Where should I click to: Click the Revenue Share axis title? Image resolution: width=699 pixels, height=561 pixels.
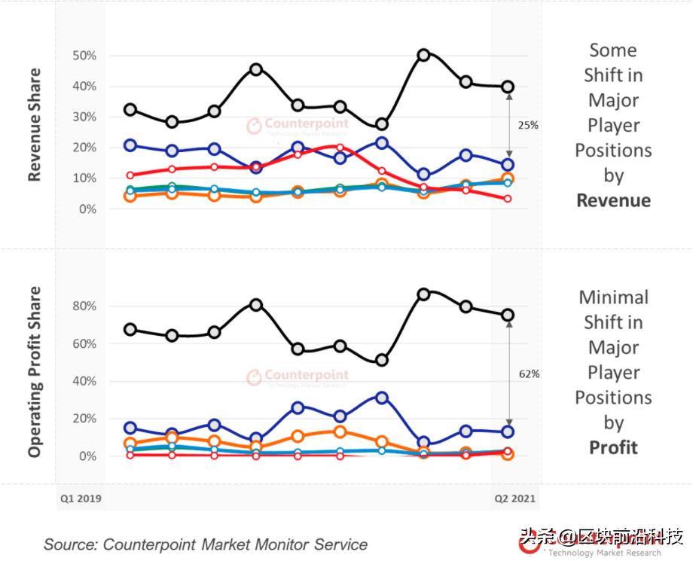[x=34, y=125]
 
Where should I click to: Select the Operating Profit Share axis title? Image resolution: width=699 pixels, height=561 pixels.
[x=34, y=371]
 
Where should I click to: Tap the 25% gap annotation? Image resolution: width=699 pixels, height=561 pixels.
[x=528, y=126]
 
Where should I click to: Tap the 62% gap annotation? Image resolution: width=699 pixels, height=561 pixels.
[x=528, y=373]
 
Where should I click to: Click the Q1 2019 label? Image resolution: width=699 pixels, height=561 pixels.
[x=81, y=498]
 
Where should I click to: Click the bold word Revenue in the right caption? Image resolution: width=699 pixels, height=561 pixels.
[x=613, y=200]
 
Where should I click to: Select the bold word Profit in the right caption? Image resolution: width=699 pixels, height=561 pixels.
[x=613, y=447]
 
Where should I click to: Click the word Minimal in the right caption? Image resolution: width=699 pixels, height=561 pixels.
[x=613, y=297]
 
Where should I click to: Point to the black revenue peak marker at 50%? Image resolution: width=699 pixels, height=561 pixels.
[x=424, y=55]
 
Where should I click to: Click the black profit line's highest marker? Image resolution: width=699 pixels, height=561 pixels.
[x=424, y=294]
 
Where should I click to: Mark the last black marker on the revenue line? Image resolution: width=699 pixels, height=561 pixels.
[x=508, y=87]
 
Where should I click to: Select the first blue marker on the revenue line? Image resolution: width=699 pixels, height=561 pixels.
[x=130, y=145]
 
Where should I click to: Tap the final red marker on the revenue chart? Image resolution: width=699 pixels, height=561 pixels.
[x=508, y=199]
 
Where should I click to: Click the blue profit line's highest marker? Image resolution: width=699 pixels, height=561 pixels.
[x=382, y=397]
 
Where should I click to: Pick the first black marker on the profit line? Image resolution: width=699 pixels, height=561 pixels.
[x=130, y=329]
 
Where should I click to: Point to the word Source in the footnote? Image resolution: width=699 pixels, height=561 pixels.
[x=69, y=544]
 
